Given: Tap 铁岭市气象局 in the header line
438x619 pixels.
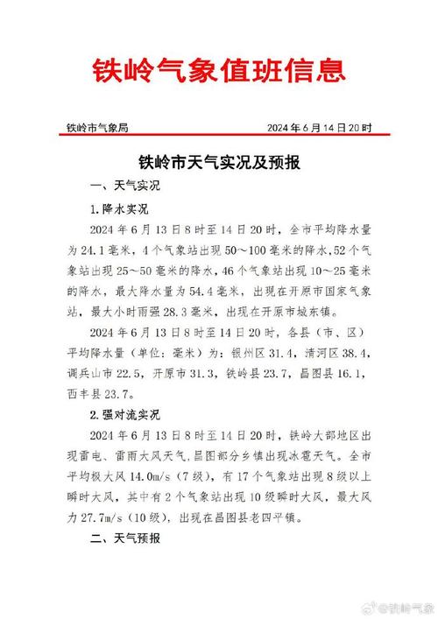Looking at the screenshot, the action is click(98, 128).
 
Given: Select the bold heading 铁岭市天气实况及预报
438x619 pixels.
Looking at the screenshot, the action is click(219, 162).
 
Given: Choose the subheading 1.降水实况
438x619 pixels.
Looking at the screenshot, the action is click(120, 210).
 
